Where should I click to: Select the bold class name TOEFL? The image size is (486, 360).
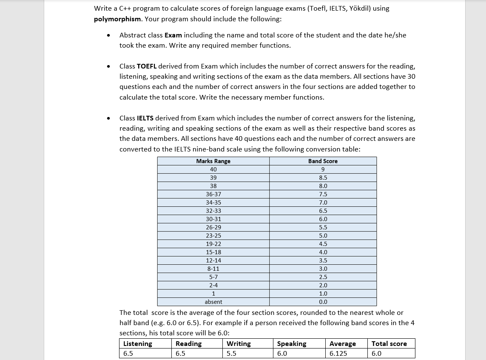[147, 66]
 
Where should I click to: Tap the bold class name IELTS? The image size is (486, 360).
[146, 118]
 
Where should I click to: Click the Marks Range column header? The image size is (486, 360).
[213, 161]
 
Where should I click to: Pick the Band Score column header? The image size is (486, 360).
[323, 161]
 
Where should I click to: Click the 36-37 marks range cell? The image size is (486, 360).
[213, 194]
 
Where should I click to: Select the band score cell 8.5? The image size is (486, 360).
[323, 178]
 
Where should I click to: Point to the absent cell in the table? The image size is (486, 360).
[213, 302]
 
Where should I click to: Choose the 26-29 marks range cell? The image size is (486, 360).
[213, 228]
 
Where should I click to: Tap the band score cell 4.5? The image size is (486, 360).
[323, 244]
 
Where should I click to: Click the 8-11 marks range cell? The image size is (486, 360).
[213, 269]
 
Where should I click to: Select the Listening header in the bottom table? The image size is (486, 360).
[137, 344]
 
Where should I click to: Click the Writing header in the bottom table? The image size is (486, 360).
[239, 344]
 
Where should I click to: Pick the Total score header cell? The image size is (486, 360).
[389, 344]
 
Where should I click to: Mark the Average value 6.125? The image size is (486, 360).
[338, 354]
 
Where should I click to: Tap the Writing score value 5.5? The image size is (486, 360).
[231, 354]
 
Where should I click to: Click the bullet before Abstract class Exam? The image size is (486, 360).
[110, 36]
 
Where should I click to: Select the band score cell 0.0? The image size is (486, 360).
[323, 302]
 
